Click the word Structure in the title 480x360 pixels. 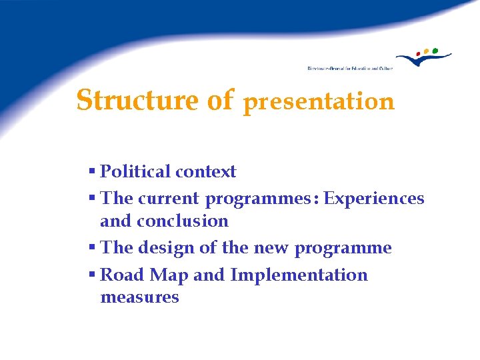click(137, 101)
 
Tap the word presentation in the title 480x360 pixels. click(319, 102)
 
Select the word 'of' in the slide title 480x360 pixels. click(220, 101)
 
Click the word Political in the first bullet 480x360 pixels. click(135, 172)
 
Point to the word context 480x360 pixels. click(205, 172)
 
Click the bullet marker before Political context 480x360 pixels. click(92, 172)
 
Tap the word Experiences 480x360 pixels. click(374, 199)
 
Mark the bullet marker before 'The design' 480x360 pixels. click(92, 248)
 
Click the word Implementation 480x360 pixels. click(299, 275)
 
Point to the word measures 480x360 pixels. click(139, 297)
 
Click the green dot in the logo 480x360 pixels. click(435, 50)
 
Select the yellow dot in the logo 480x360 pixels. click(427, 51)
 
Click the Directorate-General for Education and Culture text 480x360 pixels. click(350, 68)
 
